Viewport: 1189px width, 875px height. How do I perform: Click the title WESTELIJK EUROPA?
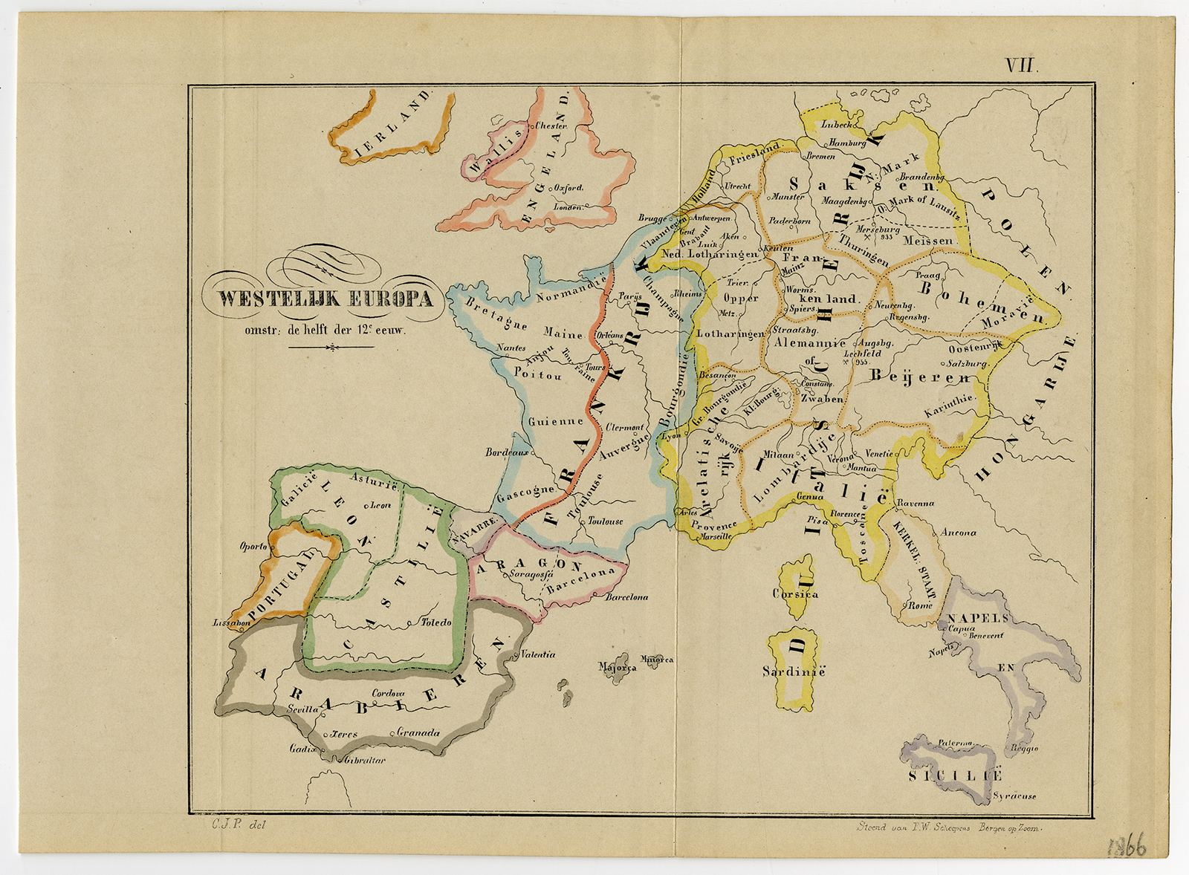[x=325, y=299]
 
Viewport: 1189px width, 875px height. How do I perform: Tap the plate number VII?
[x=1020, y=65]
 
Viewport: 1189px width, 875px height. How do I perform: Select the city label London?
[x=568, y=207]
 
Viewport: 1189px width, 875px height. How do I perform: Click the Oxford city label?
[x=568, y=188]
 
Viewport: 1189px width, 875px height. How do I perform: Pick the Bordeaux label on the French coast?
[x=507, y=452]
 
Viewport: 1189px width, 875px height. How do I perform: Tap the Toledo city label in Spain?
[x=435, y=622]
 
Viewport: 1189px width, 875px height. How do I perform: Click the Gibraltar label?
[x=365, y=760]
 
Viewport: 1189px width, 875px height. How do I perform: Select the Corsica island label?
[x=795, y=593]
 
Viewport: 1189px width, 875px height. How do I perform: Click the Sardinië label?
[x=794, y=671]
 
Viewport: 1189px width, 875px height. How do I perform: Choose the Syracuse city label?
[x=1014, y=796]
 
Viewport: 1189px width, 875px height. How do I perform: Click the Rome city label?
[x=920, y=605]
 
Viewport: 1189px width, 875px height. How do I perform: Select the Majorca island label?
[x=618, y=667]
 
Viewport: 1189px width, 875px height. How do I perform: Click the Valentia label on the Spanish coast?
[x=537, y=654]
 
